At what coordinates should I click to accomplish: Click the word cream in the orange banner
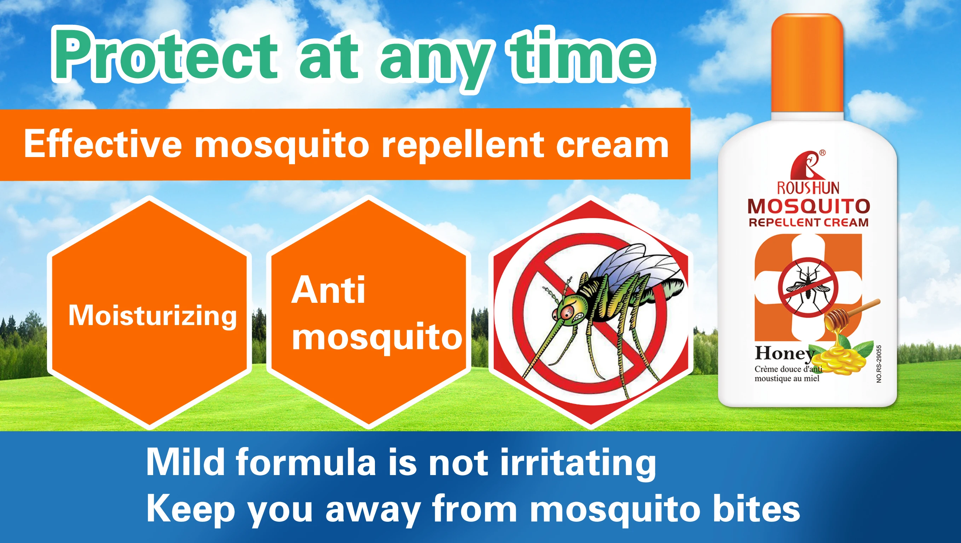click(612, 146)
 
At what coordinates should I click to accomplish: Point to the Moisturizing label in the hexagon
click(152, 316)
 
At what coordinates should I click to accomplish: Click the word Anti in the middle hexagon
click(328, 290)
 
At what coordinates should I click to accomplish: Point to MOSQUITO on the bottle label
click(809, 206)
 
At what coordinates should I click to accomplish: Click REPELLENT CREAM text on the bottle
click(809, 223)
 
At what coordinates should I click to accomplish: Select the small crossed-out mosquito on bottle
click(808, 287)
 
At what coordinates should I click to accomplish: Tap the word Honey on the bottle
click(783, 353)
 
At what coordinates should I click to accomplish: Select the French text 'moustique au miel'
click(787, 379)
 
